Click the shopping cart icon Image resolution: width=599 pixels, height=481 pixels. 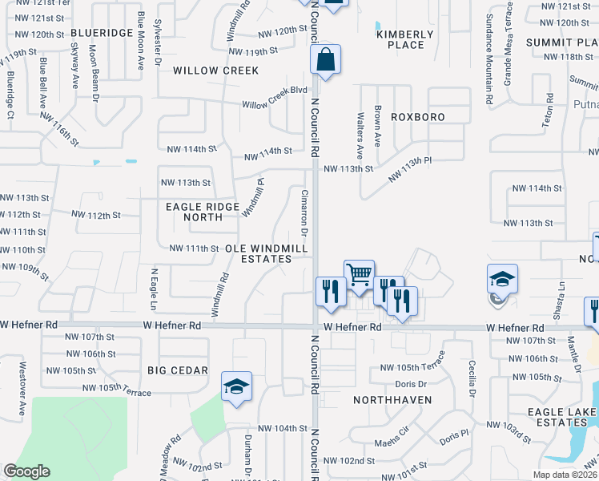tap(359, 274)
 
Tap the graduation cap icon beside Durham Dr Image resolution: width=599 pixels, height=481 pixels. tap(236, 386)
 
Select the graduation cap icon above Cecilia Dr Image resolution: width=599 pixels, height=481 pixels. tap(501, 279)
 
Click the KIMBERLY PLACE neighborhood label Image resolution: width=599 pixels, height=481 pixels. tap(405, 39)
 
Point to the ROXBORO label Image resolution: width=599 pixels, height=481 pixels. tap(417, 117)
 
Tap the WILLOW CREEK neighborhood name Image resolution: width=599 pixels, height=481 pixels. tap(216, 71)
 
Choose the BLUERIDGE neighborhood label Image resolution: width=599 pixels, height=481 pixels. tap(102, 33)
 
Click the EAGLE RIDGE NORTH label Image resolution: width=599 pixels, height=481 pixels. tap(203, 212)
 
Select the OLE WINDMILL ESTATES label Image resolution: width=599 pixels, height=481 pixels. tap(267, 254)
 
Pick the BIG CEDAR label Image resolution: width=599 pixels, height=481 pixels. tap(178, 371)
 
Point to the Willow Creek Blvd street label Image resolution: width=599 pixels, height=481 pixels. tap(275, 104)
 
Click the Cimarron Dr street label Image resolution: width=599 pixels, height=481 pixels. tap(304, 212)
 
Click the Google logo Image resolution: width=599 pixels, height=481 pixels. tap(27, 471)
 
